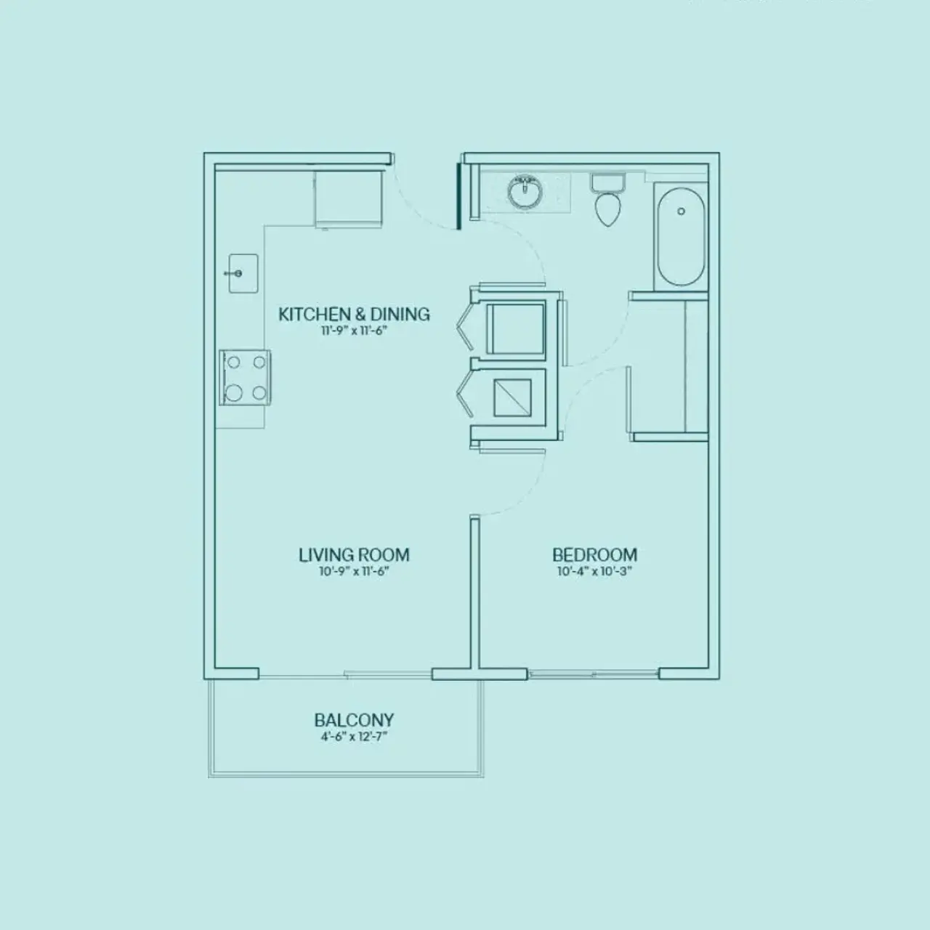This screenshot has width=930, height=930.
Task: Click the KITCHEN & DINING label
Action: point(354,314)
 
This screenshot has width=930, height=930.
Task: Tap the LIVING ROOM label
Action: point(354,555)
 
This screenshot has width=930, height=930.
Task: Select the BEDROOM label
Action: point(594,555)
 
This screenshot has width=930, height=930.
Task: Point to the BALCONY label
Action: point(354,720)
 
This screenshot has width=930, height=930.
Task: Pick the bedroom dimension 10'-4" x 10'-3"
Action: point(594,572)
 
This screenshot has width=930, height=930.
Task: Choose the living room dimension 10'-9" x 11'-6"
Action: point(354,572)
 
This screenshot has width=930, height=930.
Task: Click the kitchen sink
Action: point(243,273)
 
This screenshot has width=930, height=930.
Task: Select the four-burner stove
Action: point(245,378)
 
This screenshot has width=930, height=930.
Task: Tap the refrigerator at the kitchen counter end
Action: point(348,198)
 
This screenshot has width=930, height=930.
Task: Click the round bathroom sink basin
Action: point(525,193)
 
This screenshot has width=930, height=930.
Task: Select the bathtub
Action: point(681,235)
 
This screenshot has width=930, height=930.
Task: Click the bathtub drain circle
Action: point(681,211)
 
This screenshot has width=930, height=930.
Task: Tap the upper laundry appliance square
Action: point(515,328)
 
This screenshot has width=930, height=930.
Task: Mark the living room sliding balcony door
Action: point(345,675)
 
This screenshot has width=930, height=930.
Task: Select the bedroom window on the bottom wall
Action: point(593,674)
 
